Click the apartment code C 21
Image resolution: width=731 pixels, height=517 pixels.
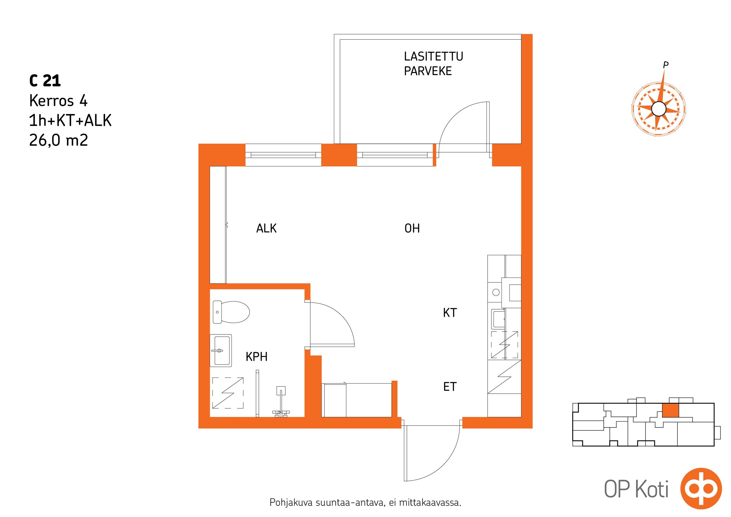coord(45,80)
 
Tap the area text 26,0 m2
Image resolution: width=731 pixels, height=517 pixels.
coord(58,140)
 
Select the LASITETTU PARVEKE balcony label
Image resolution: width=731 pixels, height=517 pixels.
coord(433,64)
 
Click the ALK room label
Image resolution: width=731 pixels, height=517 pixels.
coord(266,228)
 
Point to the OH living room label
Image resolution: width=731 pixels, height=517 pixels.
coord(412,228)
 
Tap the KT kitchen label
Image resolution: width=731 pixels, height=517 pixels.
coord(450,312)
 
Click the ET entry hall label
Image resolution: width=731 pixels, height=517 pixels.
coord(450,386)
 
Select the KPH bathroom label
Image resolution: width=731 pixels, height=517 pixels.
coord(257,356)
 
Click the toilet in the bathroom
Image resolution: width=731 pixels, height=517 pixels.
coord(231,312)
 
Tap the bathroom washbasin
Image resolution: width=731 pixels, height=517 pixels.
coord(221,351)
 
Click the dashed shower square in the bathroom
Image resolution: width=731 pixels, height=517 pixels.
coord(228,393)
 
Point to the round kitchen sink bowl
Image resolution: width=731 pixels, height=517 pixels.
coord(496,292)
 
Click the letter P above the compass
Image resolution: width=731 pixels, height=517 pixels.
coord(665,65)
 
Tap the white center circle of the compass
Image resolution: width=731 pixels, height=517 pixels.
coord(659,109)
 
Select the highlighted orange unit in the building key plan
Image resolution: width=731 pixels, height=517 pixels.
coord(671,410)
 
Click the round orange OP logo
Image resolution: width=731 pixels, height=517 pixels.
coord(701,489)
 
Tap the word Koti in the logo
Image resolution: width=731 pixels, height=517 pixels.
coord(652,489)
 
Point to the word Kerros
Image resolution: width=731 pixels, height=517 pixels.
coord(52,100)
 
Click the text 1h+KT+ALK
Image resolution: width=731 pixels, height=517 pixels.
coord(70,121)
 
